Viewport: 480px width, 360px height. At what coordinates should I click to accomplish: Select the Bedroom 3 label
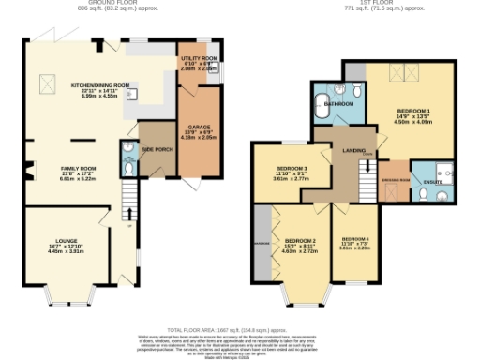click(291, 172)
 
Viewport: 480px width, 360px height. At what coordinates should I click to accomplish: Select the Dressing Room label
click(392, 178)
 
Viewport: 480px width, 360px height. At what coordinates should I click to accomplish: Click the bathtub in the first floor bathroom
click(321, 111)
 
